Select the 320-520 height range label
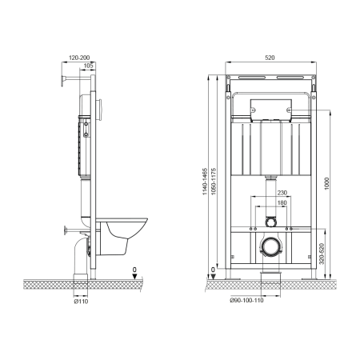[319, 254]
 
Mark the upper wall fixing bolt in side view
[62, 78]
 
